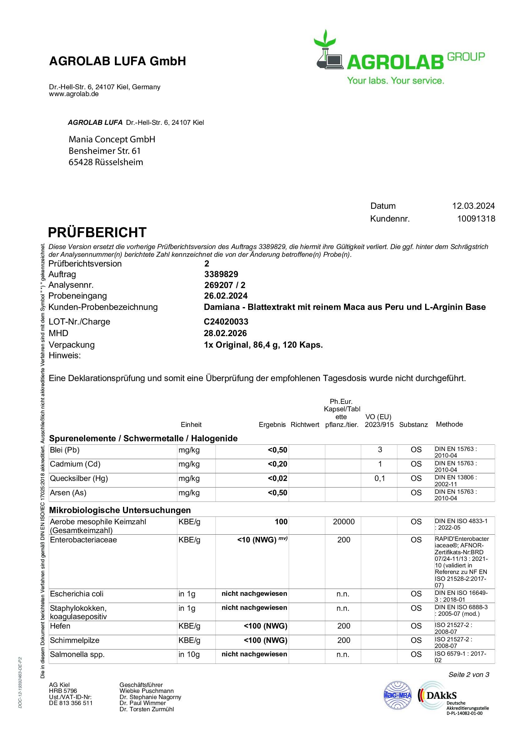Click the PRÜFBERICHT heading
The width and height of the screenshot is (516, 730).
tap(97, 233)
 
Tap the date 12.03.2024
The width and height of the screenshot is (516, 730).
tap(473, 206)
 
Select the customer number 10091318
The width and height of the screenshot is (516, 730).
tap(476, 219)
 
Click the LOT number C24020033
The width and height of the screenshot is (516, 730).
tap(226, 322)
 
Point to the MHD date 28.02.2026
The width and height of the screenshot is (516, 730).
tap(225, 333)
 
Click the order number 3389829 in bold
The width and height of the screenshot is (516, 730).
tap(221, 274)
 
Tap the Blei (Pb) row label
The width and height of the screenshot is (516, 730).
tap(65, 450)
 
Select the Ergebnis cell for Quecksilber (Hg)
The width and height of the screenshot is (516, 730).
tap(277, 478)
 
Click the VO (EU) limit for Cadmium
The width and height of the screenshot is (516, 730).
tap(380, 464)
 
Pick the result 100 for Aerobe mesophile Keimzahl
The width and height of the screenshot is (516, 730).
tap(281, 522)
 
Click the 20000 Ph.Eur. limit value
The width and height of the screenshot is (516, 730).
tap(343, 522)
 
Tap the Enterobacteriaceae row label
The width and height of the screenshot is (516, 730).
tap(83, 540)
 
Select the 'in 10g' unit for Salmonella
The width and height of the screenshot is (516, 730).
tap(189, 654)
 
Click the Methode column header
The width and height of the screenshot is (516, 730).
tap(449, 424)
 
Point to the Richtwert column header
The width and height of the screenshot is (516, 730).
tap(305, 424)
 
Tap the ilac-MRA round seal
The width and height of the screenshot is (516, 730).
tap(397, 695)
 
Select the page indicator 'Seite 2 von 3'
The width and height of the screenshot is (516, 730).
tap(469, 675)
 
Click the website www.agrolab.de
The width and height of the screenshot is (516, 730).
tap(74, 94)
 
